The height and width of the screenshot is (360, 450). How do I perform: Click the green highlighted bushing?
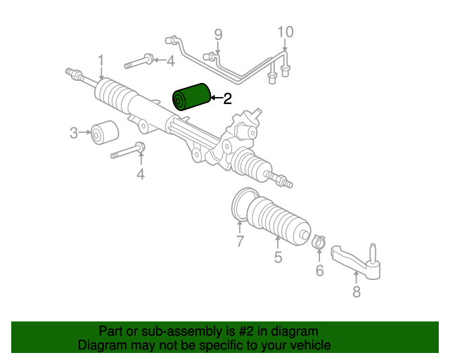191,97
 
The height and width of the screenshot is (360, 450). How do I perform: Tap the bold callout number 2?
227,98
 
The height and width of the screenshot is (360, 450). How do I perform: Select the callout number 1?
101,60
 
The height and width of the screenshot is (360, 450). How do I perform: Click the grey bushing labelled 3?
105,132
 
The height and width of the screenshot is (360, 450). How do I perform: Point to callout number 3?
74,133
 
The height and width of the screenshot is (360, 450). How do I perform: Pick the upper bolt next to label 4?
139,61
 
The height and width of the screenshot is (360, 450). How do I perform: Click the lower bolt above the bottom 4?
128,150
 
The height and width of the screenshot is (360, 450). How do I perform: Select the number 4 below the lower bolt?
141,174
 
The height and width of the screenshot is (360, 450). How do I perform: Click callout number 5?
278,257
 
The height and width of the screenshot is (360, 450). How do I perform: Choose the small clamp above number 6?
319,242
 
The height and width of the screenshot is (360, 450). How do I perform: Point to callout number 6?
320,271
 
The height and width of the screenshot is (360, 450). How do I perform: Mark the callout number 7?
240,241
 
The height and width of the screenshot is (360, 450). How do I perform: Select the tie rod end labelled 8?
356,262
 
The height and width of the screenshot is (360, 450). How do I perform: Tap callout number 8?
356,292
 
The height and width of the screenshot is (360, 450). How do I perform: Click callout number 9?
218,34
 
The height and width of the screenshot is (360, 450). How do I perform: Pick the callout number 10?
285,32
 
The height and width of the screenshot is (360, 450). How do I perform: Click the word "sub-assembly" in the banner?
181,332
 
